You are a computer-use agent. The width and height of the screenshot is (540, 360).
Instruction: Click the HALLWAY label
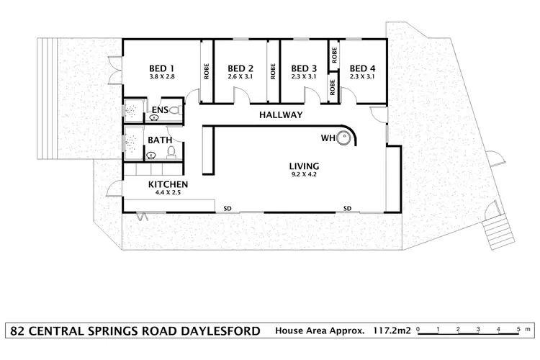coord(281,115)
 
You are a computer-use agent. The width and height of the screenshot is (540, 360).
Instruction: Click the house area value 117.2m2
coord(392,332)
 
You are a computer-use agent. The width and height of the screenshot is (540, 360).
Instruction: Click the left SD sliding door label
coord(228,208)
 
